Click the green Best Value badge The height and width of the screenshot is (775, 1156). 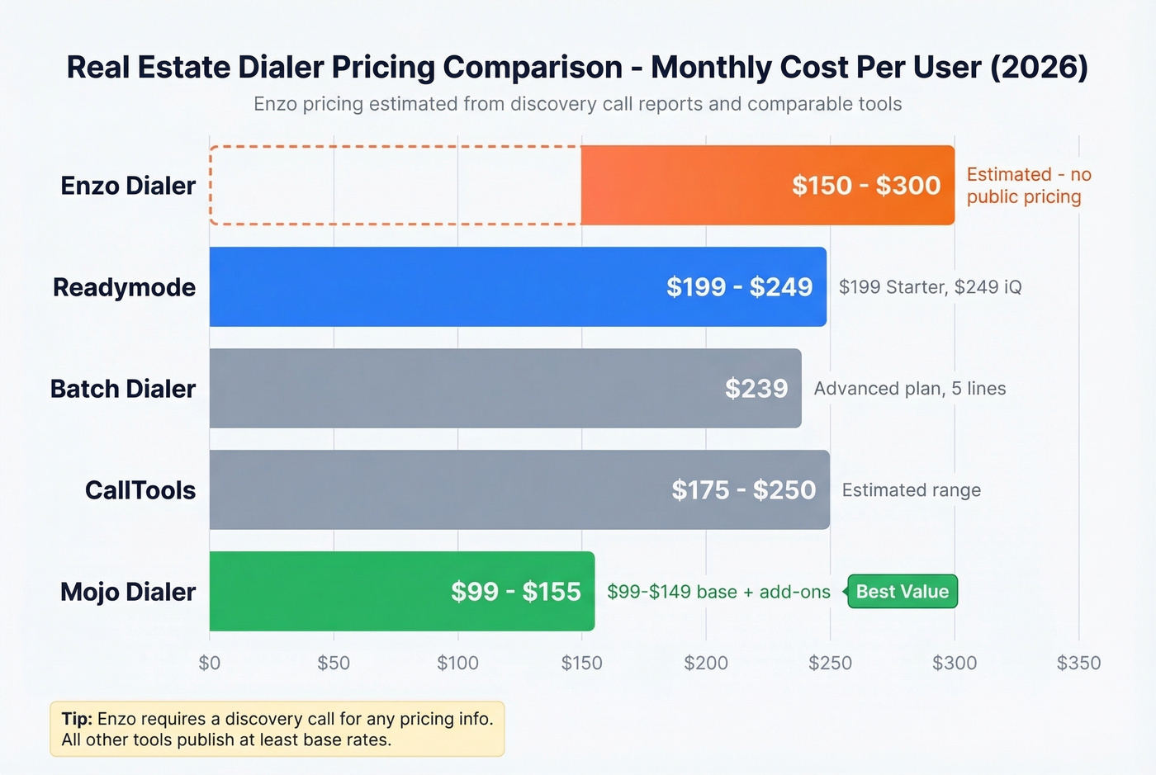coord(903,592)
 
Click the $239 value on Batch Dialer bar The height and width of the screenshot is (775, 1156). coord(756,389)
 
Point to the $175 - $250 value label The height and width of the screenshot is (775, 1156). coord(743,490)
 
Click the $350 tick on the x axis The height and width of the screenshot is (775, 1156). coord(1078,663)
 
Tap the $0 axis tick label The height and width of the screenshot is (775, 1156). coord(210,663)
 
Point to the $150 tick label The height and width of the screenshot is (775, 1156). coord(582,663)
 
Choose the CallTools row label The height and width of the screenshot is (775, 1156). coord(140,490)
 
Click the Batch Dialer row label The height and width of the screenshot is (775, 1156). coord(123,389)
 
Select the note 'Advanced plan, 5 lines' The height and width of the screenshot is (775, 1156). coord(910,389)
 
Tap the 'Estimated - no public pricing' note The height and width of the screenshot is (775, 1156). coord(1028,186)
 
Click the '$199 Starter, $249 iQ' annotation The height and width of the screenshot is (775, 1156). coord(930,287)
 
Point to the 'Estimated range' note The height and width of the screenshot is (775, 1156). coord(912,490)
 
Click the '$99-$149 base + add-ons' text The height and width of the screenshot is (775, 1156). coord(718,592)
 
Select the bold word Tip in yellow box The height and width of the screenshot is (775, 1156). coord(76,719)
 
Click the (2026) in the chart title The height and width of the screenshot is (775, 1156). coord(1039,68)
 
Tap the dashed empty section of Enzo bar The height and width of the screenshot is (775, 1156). coord(395,186)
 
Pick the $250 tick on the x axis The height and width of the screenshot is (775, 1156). coord(830,663)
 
